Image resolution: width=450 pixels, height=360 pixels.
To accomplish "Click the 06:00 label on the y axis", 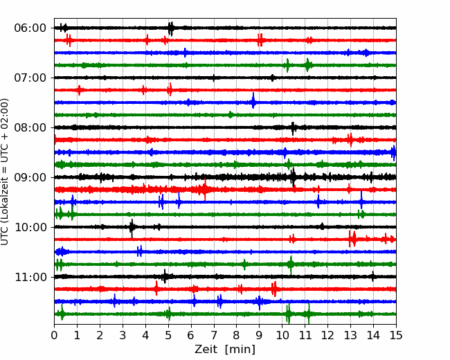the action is [x=30, y=28].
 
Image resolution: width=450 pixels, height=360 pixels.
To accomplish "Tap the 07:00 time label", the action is [x=30, y=78].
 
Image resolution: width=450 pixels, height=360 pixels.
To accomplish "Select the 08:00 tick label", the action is [x=30, y=128].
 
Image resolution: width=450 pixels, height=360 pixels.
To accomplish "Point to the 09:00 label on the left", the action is [x=30, y=177].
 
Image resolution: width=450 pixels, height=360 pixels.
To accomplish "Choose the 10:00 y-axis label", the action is [x=30, y=227].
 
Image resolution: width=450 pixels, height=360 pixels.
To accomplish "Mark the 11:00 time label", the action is [x=30, y=278].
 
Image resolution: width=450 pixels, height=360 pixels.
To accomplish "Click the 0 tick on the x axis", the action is [x=54, y=335].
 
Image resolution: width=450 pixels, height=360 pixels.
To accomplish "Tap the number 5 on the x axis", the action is [x=168, y=335].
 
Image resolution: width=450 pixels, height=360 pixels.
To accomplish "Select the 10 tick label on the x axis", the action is [x=282, y=335].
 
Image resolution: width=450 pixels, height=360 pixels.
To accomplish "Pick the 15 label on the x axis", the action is [x=396, y=335].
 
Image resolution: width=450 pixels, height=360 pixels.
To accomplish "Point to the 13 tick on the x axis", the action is [x=350, y=335].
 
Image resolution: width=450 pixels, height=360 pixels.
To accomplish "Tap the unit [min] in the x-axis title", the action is [x=240, y=350].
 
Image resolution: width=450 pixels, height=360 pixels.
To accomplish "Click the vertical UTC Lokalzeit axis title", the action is [x=4, y=172].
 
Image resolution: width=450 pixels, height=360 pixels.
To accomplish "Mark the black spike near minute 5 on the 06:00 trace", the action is [x=171, y=28].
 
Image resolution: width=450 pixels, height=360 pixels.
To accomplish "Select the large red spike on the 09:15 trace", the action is [x=205, y=190].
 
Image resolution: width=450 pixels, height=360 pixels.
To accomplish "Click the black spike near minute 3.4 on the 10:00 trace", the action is [x=132, y=228].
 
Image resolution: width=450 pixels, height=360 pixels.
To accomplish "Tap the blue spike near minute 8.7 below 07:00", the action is [x=253, y=100].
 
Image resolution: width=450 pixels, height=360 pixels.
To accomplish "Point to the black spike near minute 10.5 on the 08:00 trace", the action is [x=293, y=128].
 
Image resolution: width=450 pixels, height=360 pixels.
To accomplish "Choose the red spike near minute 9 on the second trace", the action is [x=260, y=40].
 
